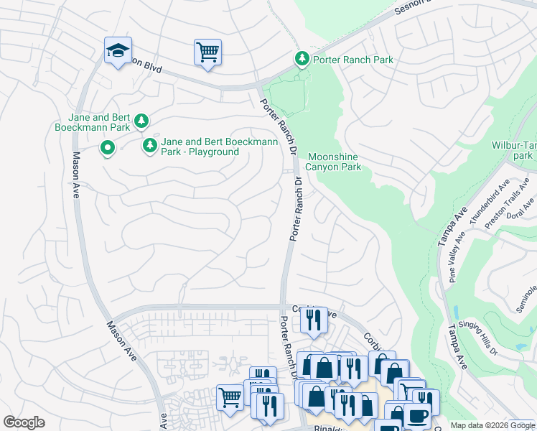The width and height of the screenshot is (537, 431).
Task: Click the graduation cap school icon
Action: pos(118,50)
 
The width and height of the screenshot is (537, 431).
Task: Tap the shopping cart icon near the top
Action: pos(207,52)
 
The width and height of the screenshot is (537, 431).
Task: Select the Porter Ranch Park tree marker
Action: pos(303,59)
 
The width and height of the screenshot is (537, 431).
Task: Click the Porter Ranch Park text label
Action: pos(353,60)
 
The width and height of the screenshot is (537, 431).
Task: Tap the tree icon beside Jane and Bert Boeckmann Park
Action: pos(142,121)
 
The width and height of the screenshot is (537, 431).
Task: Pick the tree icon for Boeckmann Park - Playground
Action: pos(149,146)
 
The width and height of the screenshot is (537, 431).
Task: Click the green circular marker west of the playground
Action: pos(108,149)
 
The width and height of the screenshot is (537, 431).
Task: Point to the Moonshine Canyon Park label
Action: pos(334,162)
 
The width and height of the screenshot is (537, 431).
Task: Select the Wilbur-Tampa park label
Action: pos(514,149)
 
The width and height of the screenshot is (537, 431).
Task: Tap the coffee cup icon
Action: pos(417,415)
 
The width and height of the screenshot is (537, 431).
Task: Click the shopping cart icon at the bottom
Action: pos(230,397)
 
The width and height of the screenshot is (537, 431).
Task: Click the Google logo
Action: pos(24,422)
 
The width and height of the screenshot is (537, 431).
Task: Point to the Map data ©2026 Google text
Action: pos(480,425)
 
